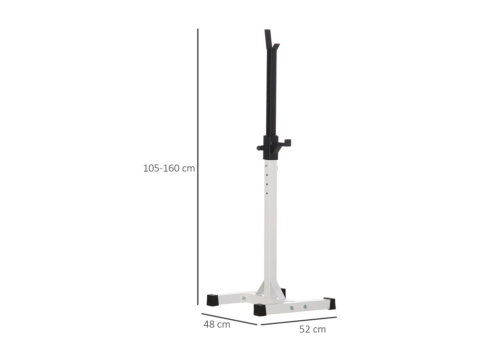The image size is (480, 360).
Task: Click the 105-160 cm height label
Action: tap(169, 168)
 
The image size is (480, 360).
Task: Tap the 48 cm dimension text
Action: tap(217, 324)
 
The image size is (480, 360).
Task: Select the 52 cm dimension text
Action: tap(312, 329)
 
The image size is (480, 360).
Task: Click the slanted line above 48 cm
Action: tap(229, 319)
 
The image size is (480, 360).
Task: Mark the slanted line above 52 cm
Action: tap(299, 321)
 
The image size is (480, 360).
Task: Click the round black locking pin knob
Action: tap(259, 148)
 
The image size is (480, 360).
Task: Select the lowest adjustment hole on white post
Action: tap(267, 193)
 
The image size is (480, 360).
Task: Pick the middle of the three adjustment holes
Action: tap(267, 185)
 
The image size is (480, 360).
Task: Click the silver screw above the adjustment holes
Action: tap(266, 166)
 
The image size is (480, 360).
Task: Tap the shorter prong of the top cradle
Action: tap(276, 47)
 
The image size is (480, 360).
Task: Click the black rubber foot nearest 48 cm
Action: tap(212, 300)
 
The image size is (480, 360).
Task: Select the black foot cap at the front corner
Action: tap(260, 309)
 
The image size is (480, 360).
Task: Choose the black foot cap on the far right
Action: tap(330, 303)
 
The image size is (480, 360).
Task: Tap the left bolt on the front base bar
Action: tap(292, 308)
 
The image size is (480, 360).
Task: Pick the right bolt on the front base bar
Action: tap(305, 307)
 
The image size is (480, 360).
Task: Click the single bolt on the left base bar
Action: tap(244, 298)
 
